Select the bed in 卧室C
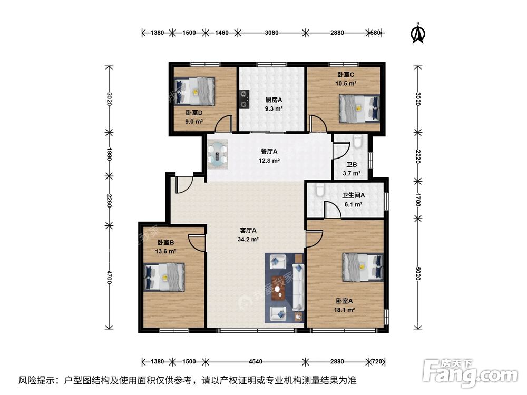tap(359, 108)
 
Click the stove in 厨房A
tap(244, 99)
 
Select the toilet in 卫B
tap(357, 141)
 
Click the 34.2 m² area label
tap(248, 239)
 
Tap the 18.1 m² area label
tap(344, 310)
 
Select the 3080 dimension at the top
tap(271, 33)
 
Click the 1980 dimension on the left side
tap(109, 153)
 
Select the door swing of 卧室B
tap(196, 242)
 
